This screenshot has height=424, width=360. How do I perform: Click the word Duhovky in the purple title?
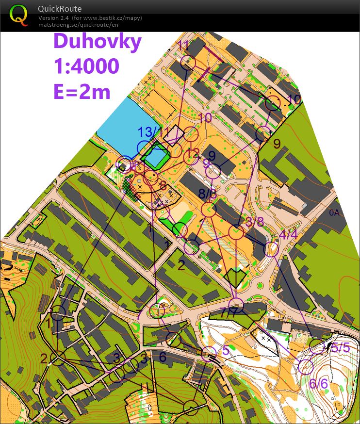[x=97, y=41]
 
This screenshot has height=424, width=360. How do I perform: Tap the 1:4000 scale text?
[x=86, y=66]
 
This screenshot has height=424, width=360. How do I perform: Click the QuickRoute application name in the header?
[x=60, y=8]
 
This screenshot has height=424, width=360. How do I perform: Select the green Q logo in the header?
[x=19, y=15]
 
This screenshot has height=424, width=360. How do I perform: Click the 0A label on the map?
[x=334, y=212]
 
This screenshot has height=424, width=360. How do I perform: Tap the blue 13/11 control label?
[x=154, y=132]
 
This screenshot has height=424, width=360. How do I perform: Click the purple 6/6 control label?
[x=319, y=383]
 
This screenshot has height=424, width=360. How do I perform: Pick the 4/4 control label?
[x=289, y=234]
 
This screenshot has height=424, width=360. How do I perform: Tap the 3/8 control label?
[x=255, y=222]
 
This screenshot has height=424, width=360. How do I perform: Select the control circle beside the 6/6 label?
[x=305, y=367]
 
